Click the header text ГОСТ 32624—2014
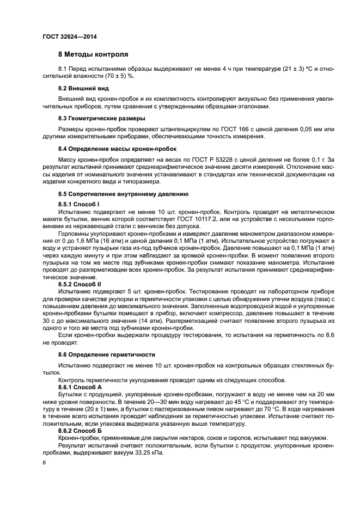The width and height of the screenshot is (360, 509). [x=65, y=36]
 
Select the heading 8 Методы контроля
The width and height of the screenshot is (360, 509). [x=93, y=55]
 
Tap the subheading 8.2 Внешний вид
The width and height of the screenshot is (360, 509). [x=83, y=88]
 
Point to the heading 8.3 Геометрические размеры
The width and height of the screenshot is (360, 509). [x=101, y=118]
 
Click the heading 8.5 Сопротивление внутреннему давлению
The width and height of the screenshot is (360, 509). [x=123, y=194]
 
